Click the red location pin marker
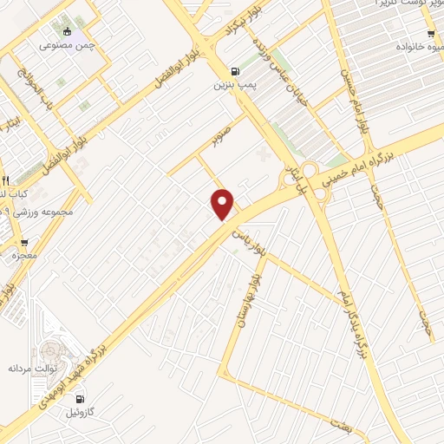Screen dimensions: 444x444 point(224,205)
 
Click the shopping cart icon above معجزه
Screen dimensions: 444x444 point(23,242)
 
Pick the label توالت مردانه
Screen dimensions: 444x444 point(32,368)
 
